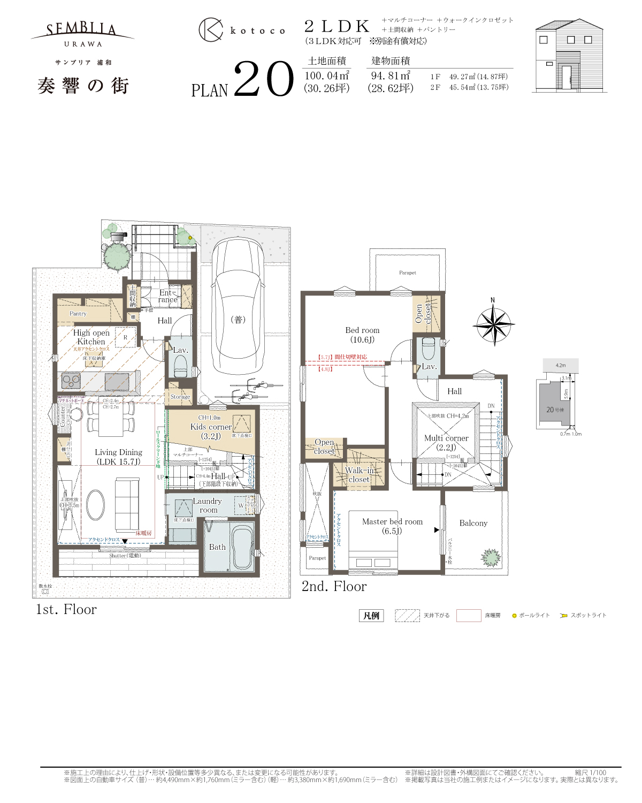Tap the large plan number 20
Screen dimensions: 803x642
(264, 80)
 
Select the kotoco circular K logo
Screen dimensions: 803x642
(211, 30)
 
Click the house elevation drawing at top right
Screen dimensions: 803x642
(569, 57)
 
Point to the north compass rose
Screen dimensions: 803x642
(493, 324)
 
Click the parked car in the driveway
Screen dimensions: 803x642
(238, 308)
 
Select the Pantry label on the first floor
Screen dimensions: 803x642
(78, 314)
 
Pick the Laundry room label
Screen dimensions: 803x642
(208, 505)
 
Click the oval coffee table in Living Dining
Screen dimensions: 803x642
(96, 505)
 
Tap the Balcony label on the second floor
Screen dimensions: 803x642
(473, 523)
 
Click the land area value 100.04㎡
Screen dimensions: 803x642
(327, 76)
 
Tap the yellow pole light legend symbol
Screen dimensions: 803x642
(515, 616)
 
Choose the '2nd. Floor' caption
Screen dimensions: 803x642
(334, 587)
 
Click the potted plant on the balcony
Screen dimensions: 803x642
(491, 557)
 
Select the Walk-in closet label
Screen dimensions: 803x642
(359, 475)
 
